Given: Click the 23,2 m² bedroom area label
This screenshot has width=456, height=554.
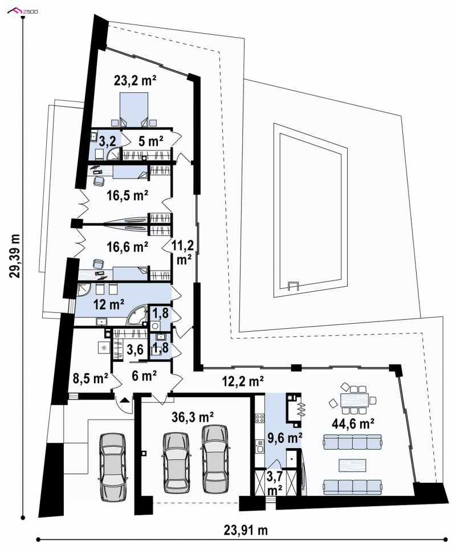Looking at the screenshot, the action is (135, 81).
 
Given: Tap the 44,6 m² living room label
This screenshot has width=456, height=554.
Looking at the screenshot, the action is (353, 423).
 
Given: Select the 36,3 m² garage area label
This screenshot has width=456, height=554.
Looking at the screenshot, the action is (193, 417).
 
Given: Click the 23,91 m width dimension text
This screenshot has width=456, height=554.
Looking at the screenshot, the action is (246, 530).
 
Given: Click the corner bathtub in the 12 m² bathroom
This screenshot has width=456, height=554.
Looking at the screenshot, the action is (137, 316).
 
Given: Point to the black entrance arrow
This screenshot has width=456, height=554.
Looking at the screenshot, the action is (124, 400).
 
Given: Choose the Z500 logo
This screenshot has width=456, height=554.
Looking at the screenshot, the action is (23, 11).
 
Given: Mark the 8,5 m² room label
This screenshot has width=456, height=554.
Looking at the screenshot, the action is (91, 378).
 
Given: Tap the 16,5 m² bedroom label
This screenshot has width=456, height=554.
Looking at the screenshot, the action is (127, 195).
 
